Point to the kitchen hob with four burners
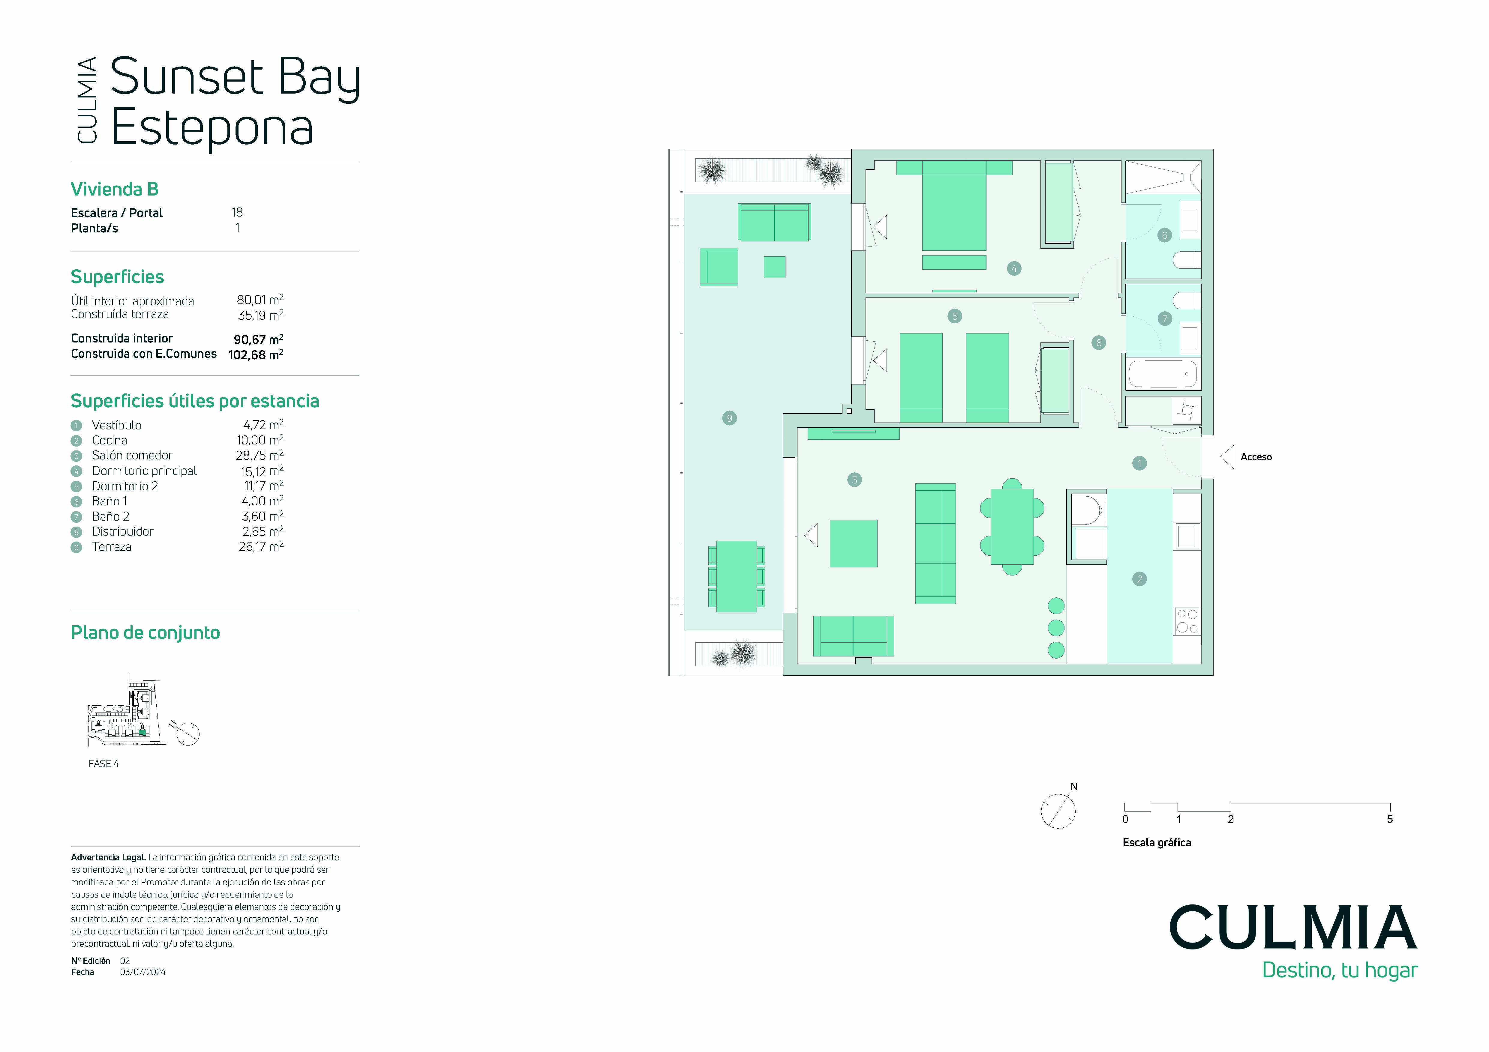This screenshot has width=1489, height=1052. click(x=1187, y=621)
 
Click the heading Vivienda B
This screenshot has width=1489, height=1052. click(x=114, y=189)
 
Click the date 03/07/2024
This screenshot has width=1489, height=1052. click(x=143, y=972)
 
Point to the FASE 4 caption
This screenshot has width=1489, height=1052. click(x=104, y=764)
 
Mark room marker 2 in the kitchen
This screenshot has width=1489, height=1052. click(x=1139, y=579)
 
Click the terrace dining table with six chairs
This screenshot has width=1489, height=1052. click(x=737, y=576)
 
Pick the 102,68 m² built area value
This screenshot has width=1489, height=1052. click(x=256, y=354)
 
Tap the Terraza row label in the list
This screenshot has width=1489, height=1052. click(x=112, y=546)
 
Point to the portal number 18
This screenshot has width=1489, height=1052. click(x=237, y=212)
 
